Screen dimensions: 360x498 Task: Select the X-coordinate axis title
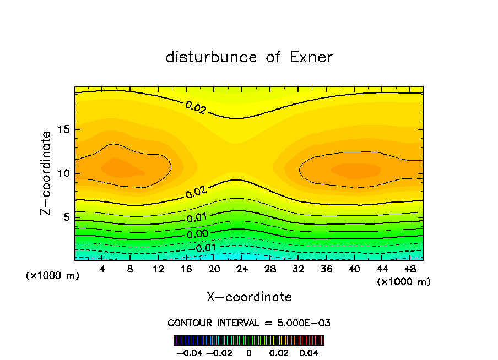249,297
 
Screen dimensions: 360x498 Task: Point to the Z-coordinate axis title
47,173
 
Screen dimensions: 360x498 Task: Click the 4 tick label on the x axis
102,270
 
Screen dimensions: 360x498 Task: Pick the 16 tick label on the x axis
186,270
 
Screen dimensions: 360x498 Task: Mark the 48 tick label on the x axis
410,270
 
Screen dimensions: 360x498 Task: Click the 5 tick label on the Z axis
64,217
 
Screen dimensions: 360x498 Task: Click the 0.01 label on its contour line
196,218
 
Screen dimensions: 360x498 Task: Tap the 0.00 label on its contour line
197,234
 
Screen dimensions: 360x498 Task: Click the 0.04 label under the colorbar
310,352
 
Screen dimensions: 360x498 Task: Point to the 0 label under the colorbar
249,352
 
